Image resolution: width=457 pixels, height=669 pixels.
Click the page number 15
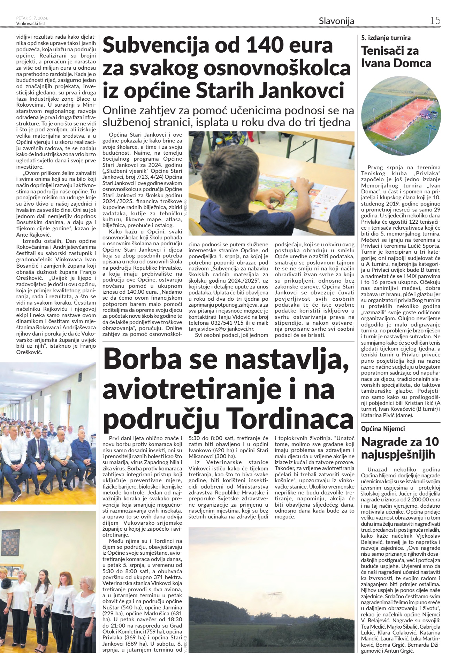[435, 21]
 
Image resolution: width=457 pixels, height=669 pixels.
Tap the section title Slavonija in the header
[336, 21]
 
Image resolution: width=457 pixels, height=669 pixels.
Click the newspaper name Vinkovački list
[31, 23]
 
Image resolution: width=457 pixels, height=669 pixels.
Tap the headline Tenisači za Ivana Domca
[396, 57]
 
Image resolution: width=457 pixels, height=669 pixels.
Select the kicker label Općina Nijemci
[383, 429]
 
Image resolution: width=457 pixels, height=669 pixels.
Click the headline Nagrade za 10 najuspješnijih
[400, 448]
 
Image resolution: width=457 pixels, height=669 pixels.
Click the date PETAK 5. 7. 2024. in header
[32, 18]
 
